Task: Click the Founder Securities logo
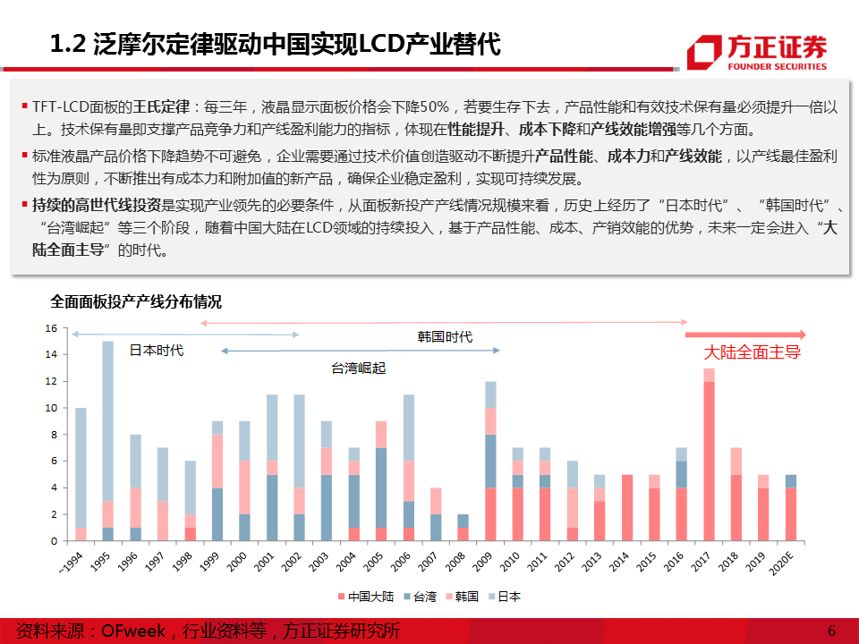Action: tap(756, 52)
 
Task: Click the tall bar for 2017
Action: tap(709, 454)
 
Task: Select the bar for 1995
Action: tap(107, 441)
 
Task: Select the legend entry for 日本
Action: tap(506, 597)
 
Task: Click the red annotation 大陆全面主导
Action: tap(753, 352)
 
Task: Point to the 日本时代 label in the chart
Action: tap(157, 351)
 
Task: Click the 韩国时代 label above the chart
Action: tap(445, 337)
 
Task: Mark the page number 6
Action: tap(831, 631)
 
